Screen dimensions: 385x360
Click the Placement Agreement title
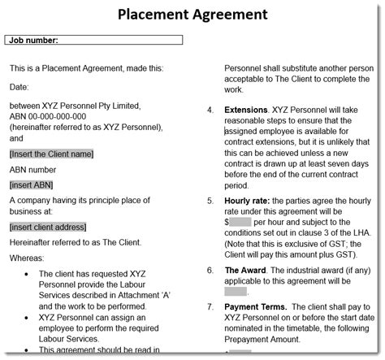click(x=192, y=14)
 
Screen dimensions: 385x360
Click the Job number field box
click(x=93, y=39)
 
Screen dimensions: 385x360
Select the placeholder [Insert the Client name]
click(x=50, y=154)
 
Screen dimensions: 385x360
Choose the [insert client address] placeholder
click(x=59, y=227)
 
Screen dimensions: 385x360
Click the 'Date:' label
click(x=19, y=85)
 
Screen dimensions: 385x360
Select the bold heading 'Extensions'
click(x=245, y=110)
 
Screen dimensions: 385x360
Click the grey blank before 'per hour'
click(x=239, y=222)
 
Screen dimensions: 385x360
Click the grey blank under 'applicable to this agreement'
click(x=235, y=291)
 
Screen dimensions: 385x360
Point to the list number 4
click(x=210, y=110)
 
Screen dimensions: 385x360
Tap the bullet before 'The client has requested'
click(x=28, y=275)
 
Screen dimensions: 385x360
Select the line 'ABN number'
click(x=32, y=169)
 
